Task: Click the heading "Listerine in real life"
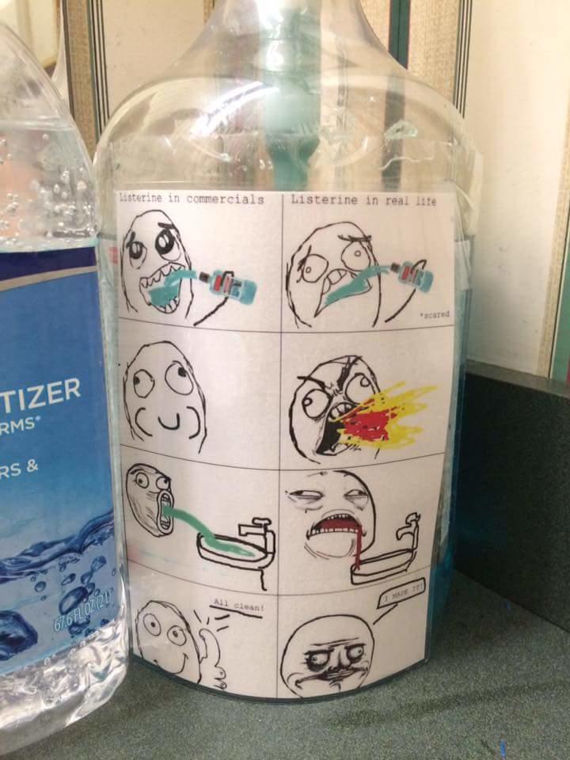(x=363, y=200)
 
